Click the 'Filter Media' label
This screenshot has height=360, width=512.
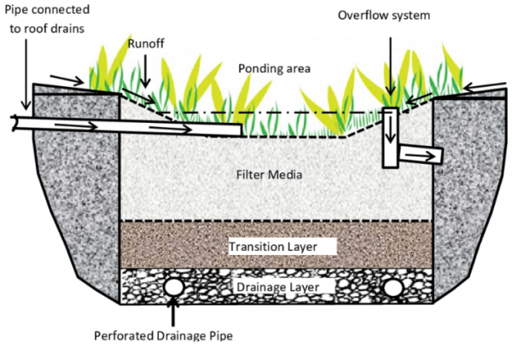(269, 175)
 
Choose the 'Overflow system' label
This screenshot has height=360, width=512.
(384, 15)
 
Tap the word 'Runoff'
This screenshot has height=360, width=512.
(145, 43)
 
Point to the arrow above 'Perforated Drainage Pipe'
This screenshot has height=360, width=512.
(175, 311)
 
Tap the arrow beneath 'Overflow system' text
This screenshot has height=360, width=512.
(390, 64)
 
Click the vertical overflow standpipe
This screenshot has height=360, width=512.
(391, 136)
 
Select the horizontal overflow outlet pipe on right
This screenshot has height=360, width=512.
(422, 154)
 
